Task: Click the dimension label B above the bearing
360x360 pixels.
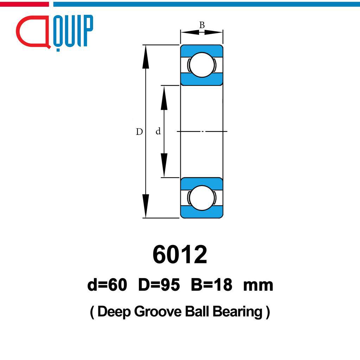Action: coord(202,25)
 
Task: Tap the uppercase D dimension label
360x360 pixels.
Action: coord(139,132)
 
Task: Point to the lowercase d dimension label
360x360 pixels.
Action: coord(158,131)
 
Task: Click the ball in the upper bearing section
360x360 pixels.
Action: coord(202,65)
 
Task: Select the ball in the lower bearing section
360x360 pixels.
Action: coord(202,198)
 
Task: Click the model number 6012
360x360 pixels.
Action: coord(180,255)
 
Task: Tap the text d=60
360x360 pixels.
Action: coord(107,285)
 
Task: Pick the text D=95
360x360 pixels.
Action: coord(159,285)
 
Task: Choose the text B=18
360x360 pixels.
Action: coord(211,285)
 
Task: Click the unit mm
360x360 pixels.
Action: coord(258,286)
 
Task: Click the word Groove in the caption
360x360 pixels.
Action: coord(158,312)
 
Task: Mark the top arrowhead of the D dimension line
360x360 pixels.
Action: coord(146,57)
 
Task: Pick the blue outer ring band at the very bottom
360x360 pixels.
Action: coord(202,213)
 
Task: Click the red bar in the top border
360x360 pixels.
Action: coord(24,4)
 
